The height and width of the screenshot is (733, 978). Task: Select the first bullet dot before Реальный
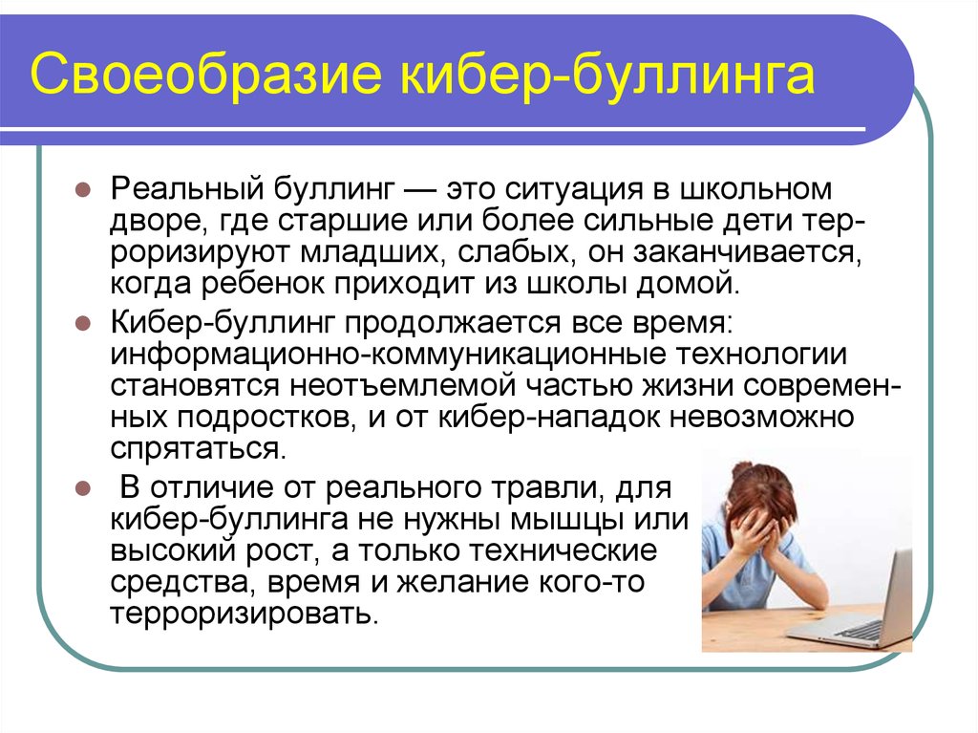[x=83, y=189]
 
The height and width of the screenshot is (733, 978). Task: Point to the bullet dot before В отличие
[x=83, y=487]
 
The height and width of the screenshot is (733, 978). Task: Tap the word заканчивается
[x=748, y=253]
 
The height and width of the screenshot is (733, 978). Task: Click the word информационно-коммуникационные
[x=388, y=355]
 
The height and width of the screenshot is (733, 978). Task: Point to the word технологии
[x=761, y=355]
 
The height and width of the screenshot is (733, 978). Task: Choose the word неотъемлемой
[x=402, y=386]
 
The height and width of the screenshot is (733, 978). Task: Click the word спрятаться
[x=199, y=449]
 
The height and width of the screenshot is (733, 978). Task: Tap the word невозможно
[x=761, y=417]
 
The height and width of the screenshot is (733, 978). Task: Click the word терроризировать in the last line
[x=244, y=614]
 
